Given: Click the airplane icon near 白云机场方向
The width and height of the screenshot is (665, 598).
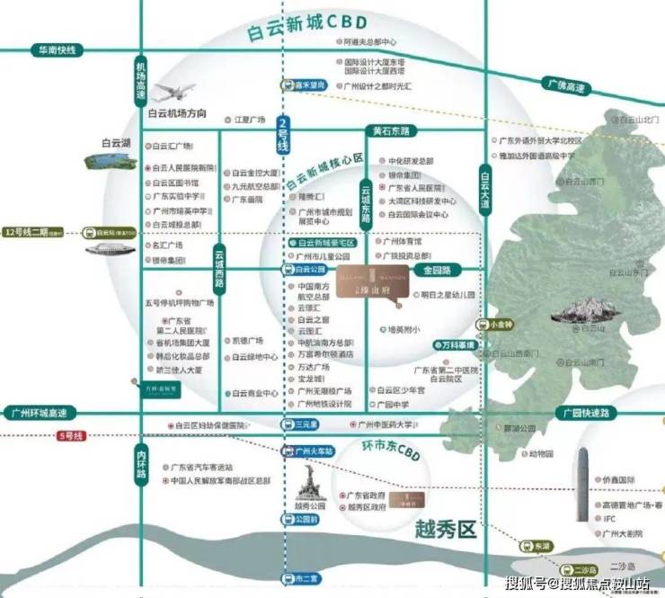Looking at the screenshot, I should tap(174, 92).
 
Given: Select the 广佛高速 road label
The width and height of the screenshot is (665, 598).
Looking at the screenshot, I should tap(565, 87).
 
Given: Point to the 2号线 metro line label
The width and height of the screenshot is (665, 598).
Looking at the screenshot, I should tap(284, 133).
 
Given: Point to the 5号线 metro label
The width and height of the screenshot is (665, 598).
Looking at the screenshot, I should tap(70, 436).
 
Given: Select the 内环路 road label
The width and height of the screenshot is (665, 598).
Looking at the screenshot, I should tap(141, 466).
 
